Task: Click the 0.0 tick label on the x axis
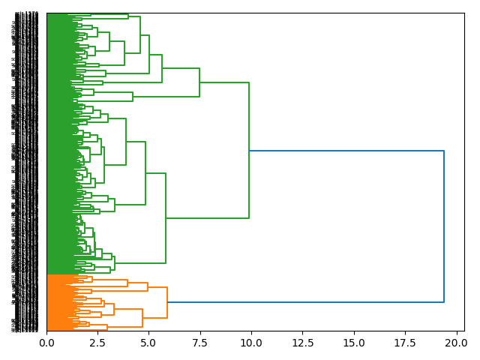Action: pyautogui.click(x=46, y=343)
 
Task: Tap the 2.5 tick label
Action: pyautogui.click(x=97, y=343)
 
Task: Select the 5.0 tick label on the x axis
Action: pyautogui.click(x=148, y=343)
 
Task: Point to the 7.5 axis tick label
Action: pyautogui.click(x=199, y=343)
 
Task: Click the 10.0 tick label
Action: pyautogui.click(x=250, y=343)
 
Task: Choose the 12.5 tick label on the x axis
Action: pyautogui.click(x=302, y=343)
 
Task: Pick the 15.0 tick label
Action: pyautogui.click(x=353, y=343)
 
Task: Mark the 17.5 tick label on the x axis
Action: pyautogui.click(x=404, y=343)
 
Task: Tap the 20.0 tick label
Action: pyautogui.click(x=455, y=343)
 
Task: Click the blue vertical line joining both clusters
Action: pyautogui.click(x=444, y=225)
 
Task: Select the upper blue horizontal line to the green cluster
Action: pyautogui.click(x=345, y=151)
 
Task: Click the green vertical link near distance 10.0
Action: pyautogui.click(x=249, y=150)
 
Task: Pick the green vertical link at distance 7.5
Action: pyautogui.click(x=199, y=82)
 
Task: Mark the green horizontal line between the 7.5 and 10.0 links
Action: pyautogui.click(x=225, y=82)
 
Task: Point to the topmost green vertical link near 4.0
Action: pyautogui.click(x=128, y=16)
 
